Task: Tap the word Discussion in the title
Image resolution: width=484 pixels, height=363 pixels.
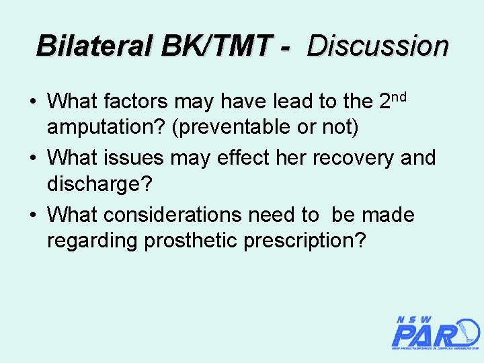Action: click(377, 46)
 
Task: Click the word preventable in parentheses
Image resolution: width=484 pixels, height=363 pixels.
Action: click(231, 126)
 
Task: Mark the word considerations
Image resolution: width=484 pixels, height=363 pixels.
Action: click(177, 216)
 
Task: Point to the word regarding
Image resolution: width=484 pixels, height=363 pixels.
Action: click(92, 240)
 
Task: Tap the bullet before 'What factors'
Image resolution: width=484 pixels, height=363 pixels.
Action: click(32, 102)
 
